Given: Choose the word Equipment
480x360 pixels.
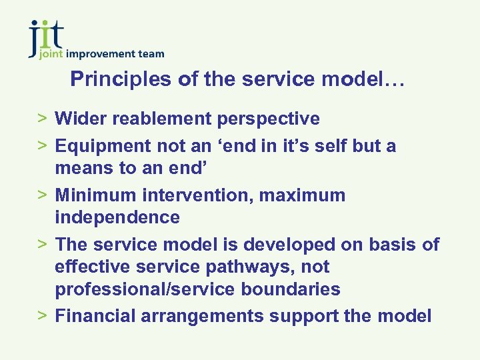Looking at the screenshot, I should click(x=103, y=146).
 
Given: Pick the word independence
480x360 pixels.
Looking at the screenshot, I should click(x=117, y=217).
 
